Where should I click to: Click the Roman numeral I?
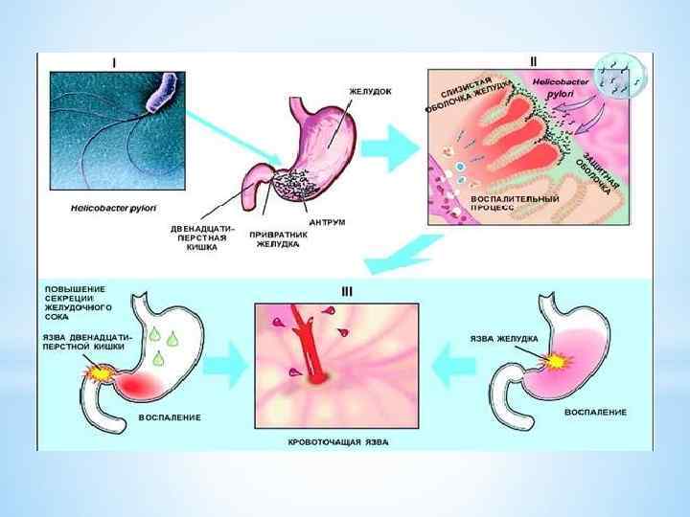click(116, 62)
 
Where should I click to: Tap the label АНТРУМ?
click(328, 221)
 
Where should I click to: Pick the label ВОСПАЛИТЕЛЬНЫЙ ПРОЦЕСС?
click(502, 201)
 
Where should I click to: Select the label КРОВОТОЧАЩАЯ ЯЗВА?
click(345, 443)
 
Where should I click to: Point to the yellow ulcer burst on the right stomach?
click(557, 362)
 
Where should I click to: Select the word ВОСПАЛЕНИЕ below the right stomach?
click(595, 412)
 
